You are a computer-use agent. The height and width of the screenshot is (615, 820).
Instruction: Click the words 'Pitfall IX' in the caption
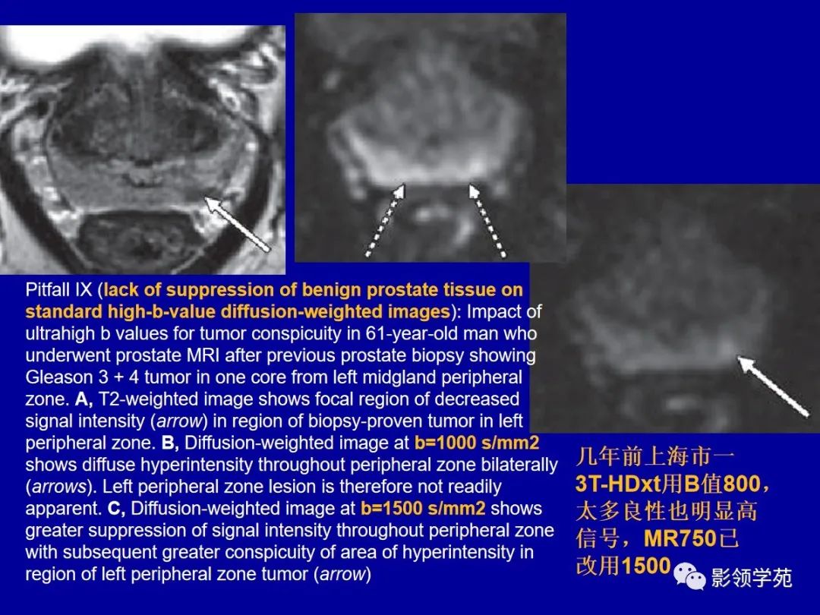point(58,290)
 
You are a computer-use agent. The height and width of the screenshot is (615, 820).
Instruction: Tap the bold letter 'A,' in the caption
point(84,399)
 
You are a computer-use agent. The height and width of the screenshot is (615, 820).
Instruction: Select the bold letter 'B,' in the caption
point(171,443)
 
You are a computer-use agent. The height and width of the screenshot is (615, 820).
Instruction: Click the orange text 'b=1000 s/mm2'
point(476,443)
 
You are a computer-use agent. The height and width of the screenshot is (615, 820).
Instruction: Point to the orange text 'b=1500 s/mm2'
point(423,508)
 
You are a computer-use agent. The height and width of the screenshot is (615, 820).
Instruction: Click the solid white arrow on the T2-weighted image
point(237,224)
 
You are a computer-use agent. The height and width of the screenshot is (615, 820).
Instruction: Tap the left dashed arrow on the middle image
point(386,220)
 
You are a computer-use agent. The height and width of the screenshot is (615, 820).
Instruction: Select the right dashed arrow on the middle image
point(487,220)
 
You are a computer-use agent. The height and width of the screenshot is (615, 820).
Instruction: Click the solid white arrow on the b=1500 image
point(773,386)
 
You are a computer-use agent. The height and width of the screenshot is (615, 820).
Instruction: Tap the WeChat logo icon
point(689,576)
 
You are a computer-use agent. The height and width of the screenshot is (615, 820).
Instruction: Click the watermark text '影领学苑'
point(752,578)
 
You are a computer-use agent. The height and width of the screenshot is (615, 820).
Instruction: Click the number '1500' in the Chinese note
point(646,566)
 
